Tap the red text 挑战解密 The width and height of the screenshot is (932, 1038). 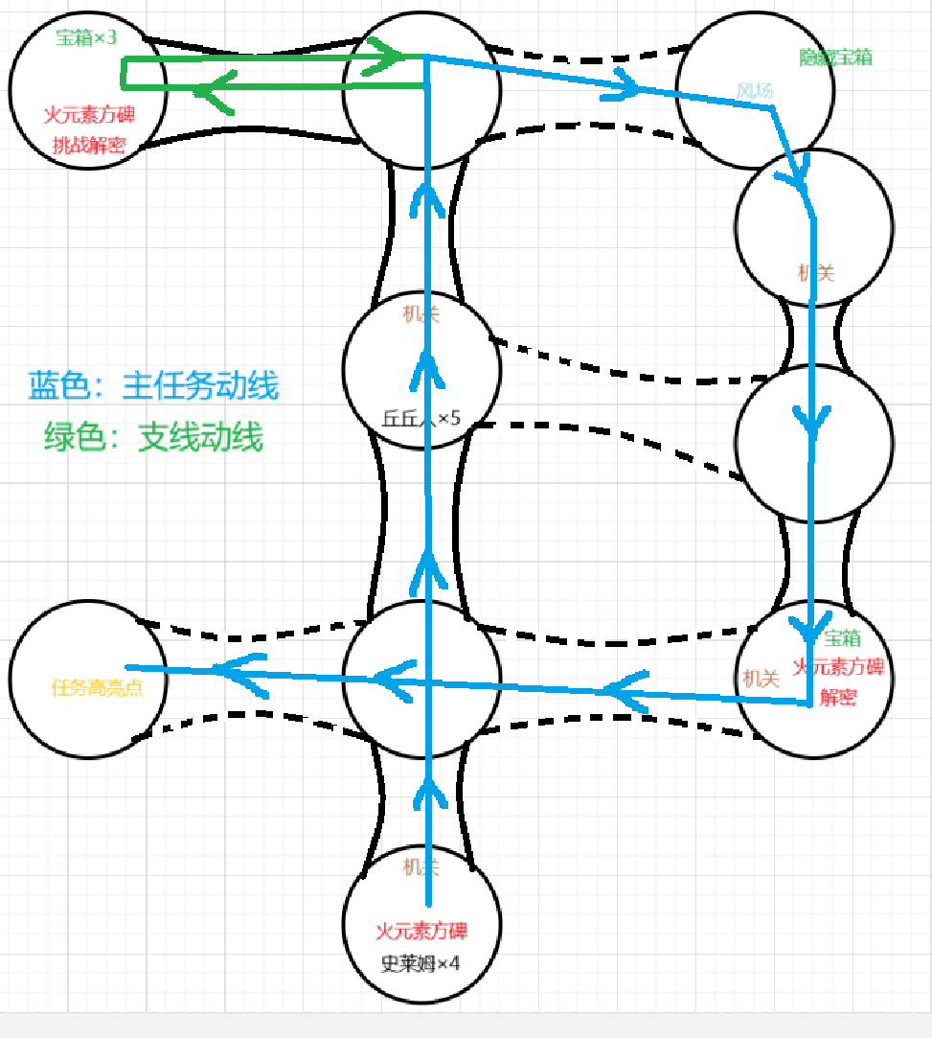[x=89, y=146]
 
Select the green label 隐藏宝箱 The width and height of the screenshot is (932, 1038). [x=835, y=58]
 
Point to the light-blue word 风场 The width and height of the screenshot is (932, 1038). [x=755, y=91]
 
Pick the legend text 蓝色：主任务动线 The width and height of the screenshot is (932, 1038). [x=153, y=385]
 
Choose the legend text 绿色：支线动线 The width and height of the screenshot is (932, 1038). [x=153, y=438]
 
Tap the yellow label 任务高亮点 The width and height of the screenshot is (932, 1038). [x=97, y=687]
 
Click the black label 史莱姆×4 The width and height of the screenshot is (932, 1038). [x=421, y=964]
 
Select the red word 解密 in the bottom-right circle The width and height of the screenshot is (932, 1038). [x=837, y=698]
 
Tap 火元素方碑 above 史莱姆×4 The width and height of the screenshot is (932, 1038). [x=422, y=931]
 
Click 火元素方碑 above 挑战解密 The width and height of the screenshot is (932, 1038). [x=89, y=115]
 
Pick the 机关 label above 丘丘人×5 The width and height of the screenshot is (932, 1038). [x=421, y=314]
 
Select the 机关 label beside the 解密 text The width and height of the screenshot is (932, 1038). [x=761, y=678]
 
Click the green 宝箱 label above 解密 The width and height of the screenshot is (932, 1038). [x=842, y=638]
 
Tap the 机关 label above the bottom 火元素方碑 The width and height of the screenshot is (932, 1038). [x=421, y=868]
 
